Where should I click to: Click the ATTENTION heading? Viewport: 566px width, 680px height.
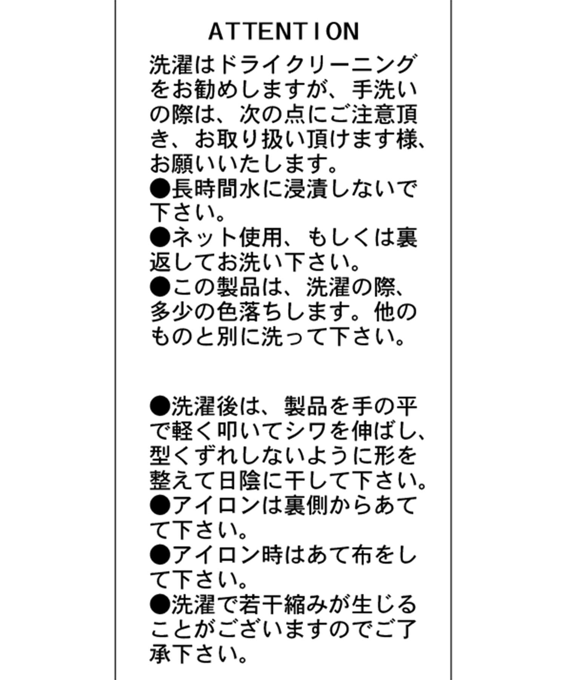[x=284, y=32]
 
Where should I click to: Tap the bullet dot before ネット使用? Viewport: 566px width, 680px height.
[x=160, y=238]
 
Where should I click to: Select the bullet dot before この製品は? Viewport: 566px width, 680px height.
[x=160, y=287]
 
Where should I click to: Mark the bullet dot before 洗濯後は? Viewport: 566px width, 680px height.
[x=160, y=406]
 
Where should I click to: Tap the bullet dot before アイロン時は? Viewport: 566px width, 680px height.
[x=160, y=555]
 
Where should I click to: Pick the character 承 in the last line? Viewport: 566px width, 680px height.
[x=161, y=654]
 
